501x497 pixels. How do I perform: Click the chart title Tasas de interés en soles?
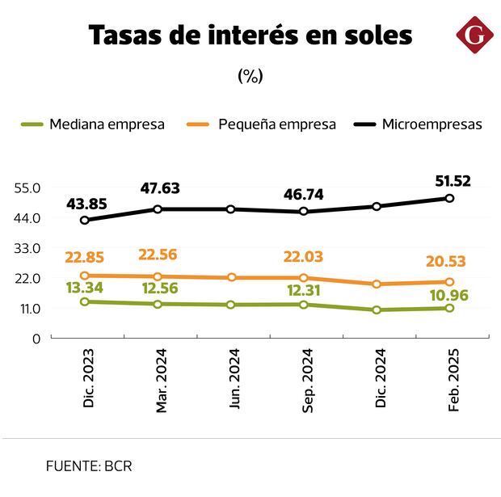[250, 36]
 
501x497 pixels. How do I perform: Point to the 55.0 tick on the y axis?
[27, 187]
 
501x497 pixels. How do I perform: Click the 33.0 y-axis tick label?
[27, 248]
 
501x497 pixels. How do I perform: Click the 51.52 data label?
[453, 180]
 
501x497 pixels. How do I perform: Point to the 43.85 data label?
[86, 201]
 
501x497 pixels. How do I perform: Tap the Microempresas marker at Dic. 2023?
[85, 220]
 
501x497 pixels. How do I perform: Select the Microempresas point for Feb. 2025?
[450, 198]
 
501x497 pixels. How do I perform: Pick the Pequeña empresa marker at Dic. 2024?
[377, 284]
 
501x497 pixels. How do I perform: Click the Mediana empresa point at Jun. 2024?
[231, 305]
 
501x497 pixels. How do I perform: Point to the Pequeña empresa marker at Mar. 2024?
[158, 276]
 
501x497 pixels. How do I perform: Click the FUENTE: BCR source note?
[89, 466]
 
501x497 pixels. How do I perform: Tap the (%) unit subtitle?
[250, 76]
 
